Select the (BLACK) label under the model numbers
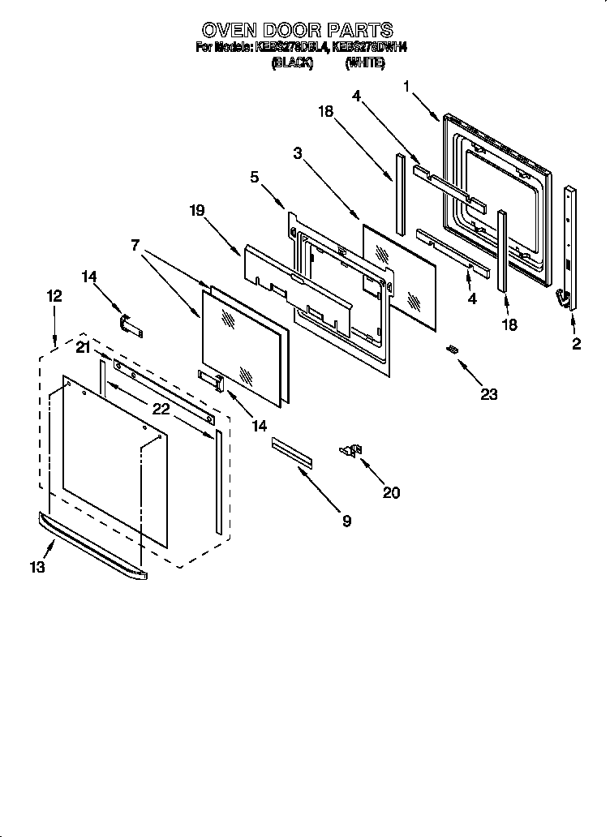click(292, 62)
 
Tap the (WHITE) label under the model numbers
click(364, 62)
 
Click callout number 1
click(406, 84)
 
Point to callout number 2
click(576, 345)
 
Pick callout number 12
click(54, 297)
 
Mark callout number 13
click(37, 568)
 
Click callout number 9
click(346, 522)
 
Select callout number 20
click(391, 492)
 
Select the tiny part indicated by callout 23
click(453, 349)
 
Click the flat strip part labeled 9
click(291, 451)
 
